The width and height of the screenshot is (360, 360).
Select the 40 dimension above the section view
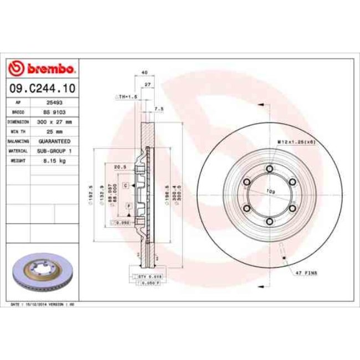pyautogui.click(x=144, y=73)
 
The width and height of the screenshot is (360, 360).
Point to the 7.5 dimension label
pyautogui.click(x=160, y=109)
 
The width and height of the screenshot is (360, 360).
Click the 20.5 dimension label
pyautogui.click(x=117, y=166)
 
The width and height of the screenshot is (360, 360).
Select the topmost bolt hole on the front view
pyautogui.click(x=269, y=169)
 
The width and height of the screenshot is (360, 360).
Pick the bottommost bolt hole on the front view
pyautogui.click(x=269, y=221)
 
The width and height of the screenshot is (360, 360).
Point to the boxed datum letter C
pyautogui.click(x=126, y=185)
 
